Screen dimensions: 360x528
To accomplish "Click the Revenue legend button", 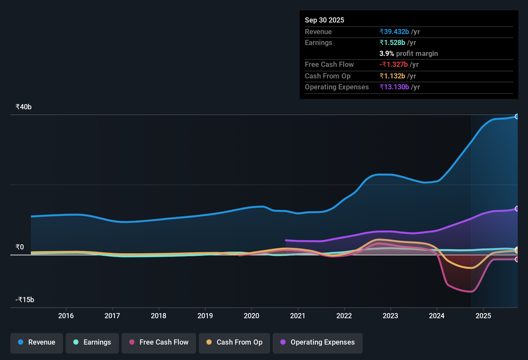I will point(37,342).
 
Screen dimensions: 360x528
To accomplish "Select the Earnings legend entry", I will point(92,342).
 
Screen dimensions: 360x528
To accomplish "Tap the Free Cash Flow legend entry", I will point(159,342).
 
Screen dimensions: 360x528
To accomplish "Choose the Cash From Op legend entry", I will point(234,342).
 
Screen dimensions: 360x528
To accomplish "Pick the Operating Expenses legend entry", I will point(318,342).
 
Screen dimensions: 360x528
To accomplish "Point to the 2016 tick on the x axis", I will point(66,316).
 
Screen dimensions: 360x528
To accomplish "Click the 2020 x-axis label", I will point(251,316).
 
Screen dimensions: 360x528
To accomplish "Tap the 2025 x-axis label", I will point(483,316).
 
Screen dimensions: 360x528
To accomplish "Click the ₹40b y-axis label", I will point(24,107).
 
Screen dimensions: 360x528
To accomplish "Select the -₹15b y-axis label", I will point(25,300).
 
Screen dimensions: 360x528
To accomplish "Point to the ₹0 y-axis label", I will point(20,247).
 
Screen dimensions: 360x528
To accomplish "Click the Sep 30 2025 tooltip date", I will point(324,20).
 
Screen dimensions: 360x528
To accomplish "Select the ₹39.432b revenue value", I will point(394,32).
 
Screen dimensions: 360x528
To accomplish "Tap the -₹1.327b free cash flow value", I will point(394,65).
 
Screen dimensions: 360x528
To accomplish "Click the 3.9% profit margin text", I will point(408,54).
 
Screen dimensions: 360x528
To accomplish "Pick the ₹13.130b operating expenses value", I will point(394,87).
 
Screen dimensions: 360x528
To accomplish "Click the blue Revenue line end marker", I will point(517,117).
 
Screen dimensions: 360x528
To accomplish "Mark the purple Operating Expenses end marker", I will point(517,209).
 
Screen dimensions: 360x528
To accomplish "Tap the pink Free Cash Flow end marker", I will point(517,259).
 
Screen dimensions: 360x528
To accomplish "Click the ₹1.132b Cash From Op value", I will point(392,76).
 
